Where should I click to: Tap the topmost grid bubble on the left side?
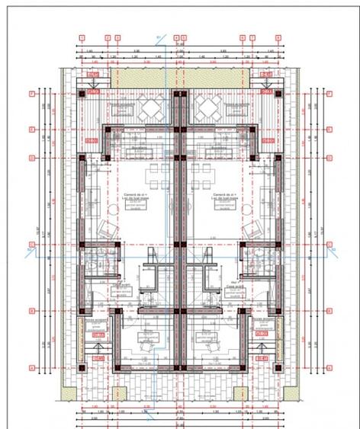[31, 94]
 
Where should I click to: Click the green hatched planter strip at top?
[179, 77]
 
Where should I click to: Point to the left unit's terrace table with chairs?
[149, 109]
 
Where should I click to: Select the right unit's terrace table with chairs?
[207, 109]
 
